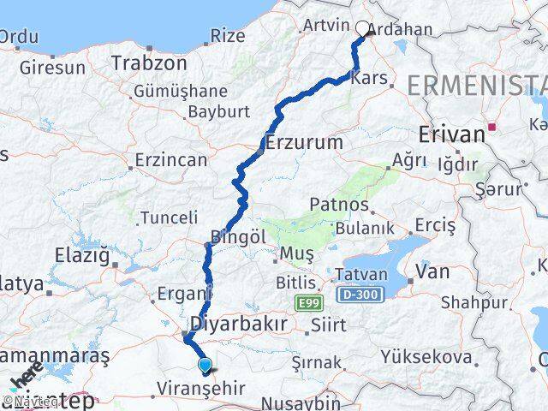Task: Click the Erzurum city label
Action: click(x=304, y=142)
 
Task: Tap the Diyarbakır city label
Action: click(x=238, y=325)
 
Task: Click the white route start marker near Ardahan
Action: click(x=362, y=28)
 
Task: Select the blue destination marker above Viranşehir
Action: click(x=205, y=366)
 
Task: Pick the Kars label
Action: click(x=375, y=78)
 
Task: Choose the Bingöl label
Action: click(x=234, y=235)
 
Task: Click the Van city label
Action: click(x=432, y=272)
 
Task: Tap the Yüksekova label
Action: click(x=438, y=355)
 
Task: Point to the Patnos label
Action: click(x=339, y=205)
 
